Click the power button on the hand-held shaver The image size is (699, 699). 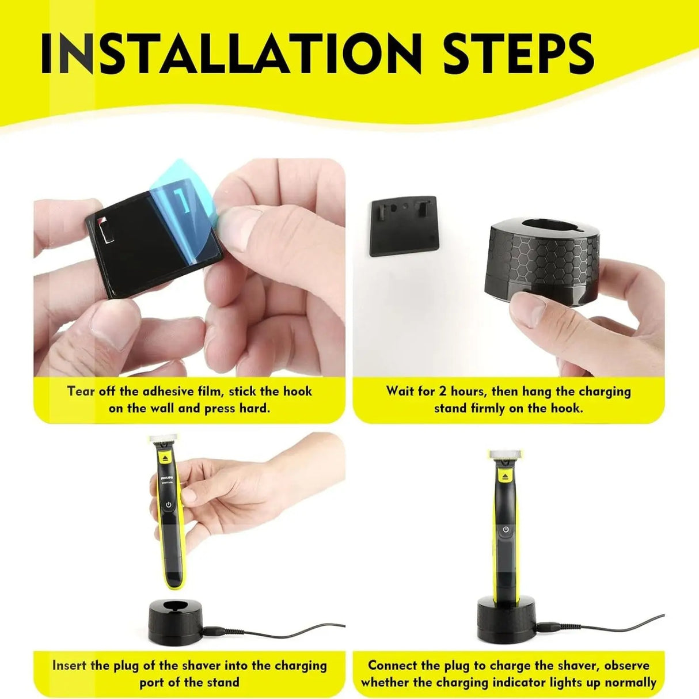pyautogui.click(x=168, y=504)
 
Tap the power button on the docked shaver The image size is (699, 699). pyautogui.click(x=505, y=529)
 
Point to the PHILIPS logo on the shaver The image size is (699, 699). pyautogui.click(x=167, y=478)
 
